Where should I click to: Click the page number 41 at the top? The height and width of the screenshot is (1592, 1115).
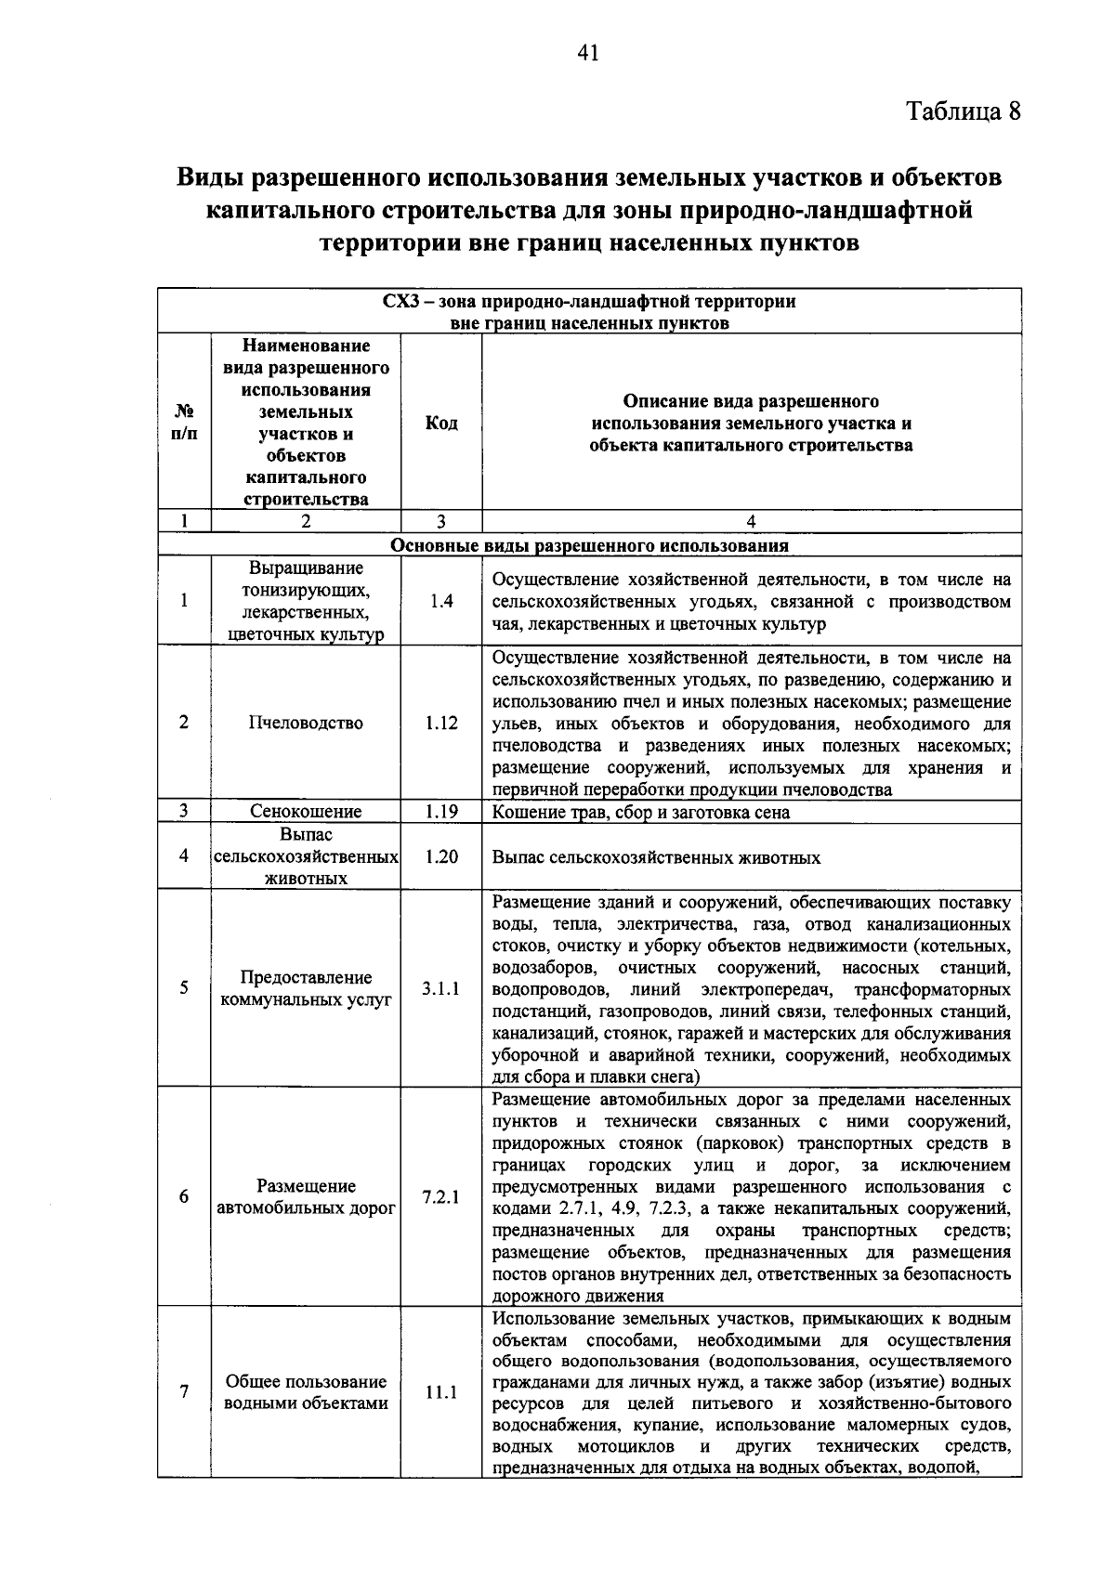tap(587, 53)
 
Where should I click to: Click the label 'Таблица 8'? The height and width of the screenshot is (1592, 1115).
tap(963, 111)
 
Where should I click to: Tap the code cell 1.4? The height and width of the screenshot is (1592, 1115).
tap(441, 602)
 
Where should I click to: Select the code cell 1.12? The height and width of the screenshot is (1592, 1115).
tap(441, 723)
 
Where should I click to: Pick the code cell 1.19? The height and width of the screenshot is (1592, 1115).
tap(441, 812)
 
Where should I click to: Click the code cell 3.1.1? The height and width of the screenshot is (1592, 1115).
tap(440, 988)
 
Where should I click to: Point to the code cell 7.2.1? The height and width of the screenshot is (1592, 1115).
tap(440, 1197)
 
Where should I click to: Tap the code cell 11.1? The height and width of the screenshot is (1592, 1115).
tap(440, 1392)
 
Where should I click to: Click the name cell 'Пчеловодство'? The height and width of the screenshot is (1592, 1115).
tap(306, 723)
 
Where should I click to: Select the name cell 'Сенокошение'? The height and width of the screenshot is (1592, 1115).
tap(306, 812)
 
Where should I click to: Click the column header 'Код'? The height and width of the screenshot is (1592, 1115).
tap(441, 424)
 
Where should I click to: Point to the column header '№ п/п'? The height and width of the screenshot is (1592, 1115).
tap(184, 423)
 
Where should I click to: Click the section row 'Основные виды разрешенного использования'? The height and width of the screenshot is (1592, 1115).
tap(589, 546)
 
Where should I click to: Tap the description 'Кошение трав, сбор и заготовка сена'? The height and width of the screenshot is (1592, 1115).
tap(641, 813)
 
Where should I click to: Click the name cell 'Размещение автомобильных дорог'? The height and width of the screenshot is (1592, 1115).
tap(306, 1197)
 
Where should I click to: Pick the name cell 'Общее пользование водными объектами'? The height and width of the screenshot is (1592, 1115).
tap(306, 1392)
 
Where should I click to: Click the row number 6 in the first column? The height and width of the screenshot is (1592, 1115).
tap(184, 1196)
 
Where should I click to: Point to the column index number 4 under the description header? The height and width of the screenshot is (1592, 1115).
tap(751, 522)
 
